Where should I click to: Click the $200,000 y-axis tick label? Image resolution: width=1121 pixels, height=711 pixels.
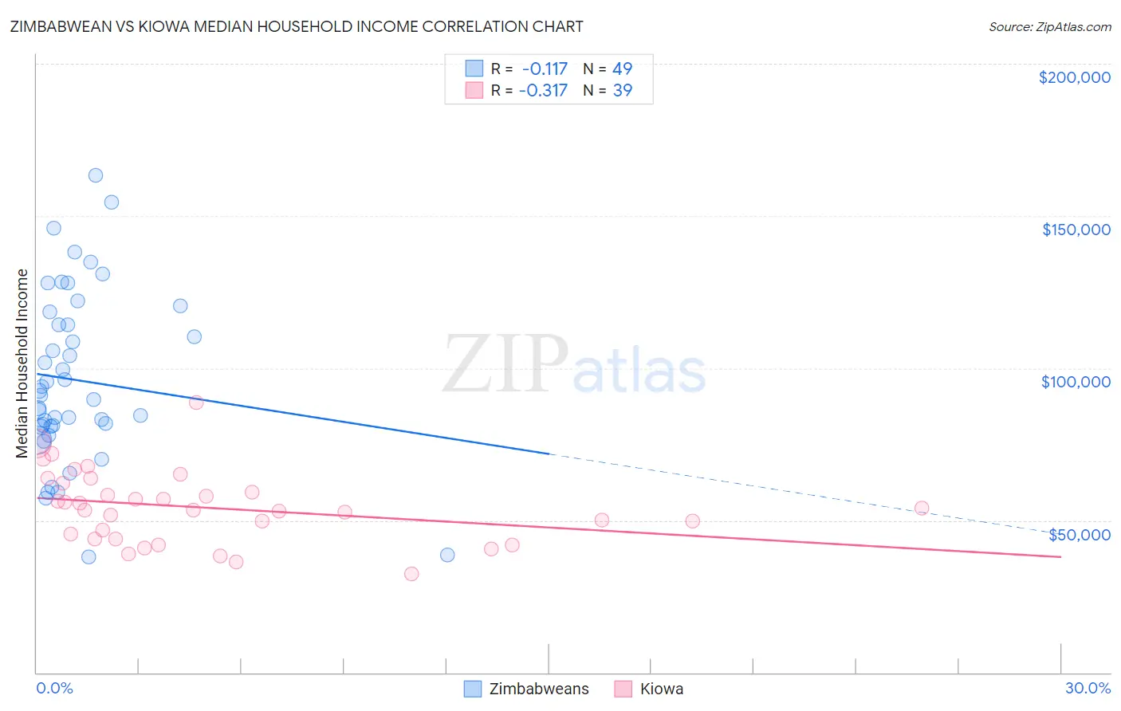pos(1074,77)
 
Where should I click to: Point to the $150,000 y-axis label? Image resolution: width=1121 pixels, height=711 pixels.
pos(1076,230)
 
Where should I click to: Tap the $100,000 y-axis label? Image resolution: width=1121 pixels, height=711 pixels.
pos(1076,382)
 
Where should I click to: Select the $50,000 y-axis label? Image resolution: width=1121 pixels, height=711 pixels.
pos(1079,534)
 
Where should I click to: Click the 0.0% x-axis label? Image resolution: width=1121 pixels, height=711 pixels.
pos(54,689)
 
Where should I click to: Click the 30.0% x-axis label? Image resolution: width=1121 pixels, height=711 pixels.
pos(1088,689)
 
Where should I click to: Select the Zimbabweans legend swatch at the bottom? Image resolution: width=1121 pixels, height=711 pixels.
pos(473,689)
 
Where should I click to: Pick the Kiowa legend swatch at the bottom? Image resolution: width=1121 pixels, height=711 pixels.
pos(623,689)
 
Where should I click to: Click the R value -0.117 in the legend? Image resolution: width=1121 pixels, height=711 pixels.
pos(545,69)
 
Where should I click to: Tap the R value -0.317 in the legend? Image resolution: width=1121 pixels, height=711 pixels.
pos(543,91)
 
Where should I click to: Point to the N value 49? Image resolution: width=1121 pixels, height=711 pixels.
pos(622,69)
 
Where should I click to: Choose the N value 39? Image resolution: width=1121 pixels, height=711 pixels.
pos(622,91)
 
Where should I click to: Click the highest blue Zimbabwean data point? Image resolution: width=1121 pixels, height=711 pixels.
pos(96,175)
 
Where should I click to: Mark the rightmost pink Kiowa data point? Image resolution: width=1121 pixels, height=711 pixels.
pos(922,508)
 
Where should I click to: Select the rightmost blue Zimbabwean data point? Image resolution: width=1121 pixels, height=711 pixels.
pos(447,555)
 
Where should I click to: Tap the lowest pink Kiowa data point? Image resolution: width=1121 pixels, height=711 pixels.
pos(411,574)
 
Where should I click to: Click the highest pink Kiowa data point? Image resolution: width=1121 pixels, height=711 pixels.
pos(196,403)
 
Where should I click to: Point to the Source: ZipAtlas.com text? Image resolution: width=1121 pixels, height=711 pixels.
pos(1049,27)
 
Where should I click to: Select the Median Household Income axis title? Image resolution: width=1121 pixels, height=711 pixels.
pos(22,363)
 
